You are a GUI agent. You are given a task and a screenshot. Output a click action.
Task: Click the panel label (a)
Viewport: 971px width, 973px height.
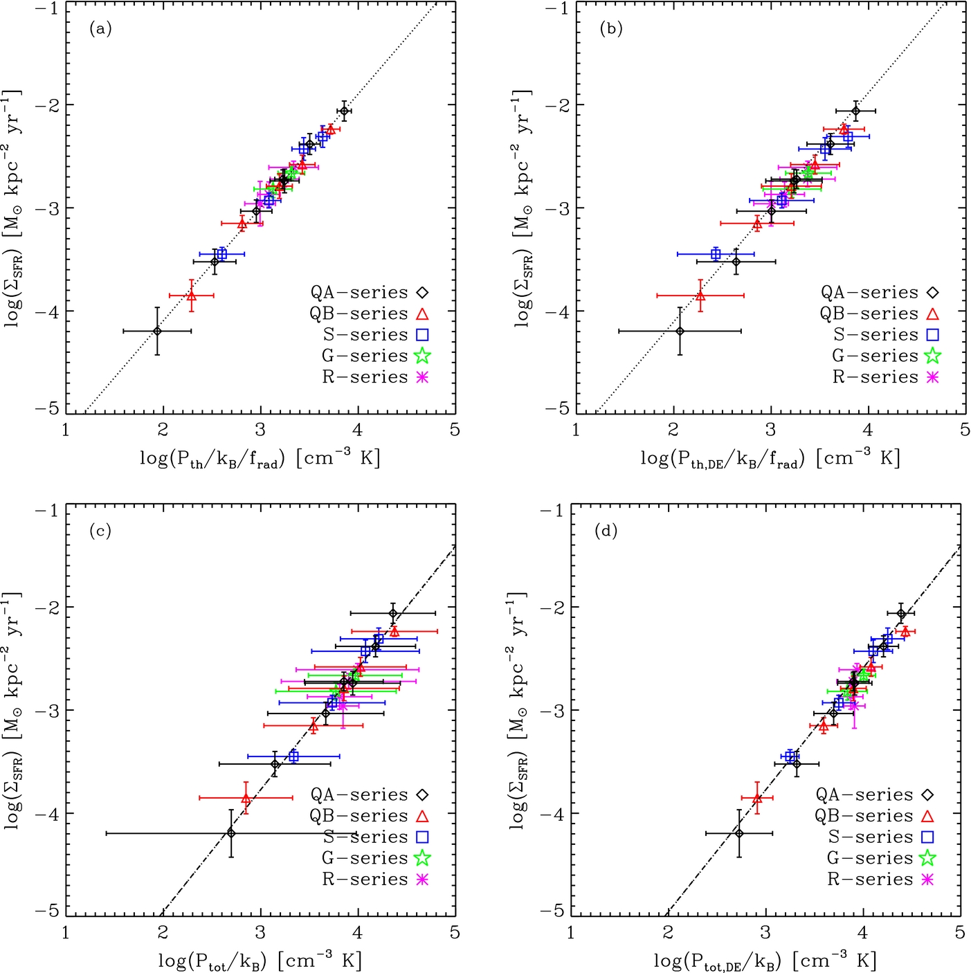pyautogui.click(x=100, y=29)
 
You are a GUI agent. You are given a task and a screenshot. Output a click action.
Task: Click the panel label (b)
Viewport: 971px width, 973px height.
pyautogui.click(x=611, y=29)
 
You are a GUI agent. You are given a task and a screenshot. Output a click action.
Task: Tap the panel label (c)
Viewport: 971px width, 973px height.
pyautogui.click(x=100, y=531)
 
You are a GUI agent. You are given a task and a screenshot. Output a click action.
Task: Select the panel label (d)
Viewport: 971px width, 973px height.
pyautogui.click(x=606, y=531)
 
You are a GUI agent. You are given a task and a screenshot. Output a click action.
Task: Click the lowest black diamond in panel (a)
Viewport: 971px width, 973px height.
pyautogui.click(x=157, y=331)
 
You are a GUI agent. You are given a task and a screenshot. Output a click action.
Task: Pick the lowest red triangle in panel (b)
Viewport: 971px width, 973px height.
pyautogui.click(x=700, y=295)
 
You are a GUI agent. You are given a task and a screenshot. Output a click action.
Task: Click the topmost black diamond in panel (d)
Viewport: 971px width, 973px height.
pyautogui.click(x=901, y=614)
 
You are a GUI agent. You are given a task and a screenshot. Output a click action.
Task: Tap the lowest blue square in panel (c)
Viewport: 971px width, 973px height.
pyautogui.click(x=293, y=756)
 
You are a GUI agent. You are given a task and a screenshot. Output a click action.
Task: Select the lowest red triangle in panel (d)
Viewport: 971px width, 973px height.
pyautogui.click(x=757, y=798)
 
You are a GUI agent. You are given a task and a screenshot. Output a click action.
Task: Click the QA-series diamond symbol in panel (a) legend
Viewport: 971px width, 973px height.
pyautogui.click(x=422, y=293)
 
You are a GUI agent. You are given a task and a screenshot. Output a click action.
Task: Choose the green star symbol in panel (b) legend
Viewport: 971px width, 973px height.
pyautogui.click(x=932, y=356)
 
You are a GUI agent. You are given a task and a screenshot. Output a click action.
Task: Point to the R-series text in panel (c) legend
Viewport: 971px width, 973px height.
pyautogui.click(x=365, y=880)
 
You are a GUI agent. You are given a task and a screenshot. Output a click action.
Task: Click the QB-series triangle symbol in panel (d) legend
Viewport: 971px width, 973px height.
pyautogui.click(x=927, y=817)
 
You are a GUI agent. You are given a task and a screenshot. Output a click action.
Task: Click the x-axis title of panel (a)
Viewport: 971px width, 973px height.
pyautogui.click(x=260, y=459)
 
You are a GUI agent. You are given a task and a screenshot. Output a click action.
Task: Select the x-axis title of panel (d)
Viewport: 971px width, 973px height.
pyautogui.click(x=765, y=961)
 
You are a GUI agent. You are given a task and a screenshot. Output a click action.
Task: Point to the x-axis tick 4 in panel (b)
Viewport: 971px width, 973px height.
pyautogui.click(x=868, y=430)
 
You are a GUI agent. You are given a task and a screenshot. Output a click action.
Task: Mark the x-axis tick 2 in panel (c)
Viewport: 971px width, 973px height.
pyautogui.click(x=163, y=932)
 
